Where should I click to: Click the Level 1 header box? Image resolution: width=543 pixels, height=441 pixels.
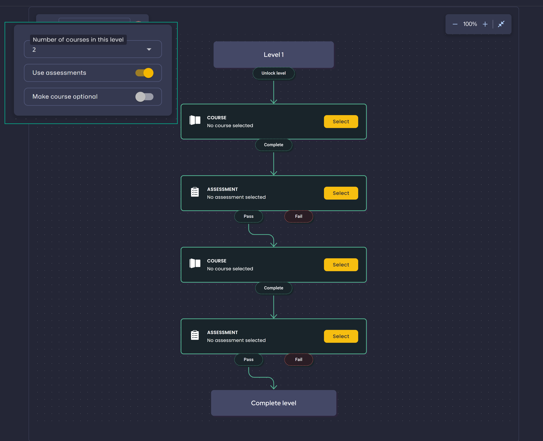(x=274, y=55)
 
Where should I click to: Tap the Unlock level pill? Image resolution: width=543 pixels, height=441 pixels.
(x=274, y=73)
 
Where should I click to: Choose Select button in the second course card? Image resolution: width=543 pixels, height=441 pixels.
(x=341, y=265)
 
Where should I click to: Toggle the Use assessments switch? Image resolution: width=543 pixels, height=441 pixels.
(x=144, y=73)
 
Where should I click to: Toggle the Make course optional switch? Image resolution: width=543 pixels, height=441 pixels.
(x=144, y=97)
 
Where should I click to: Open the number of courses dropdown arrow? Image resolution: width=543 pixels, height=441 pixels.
(x=149, y=50)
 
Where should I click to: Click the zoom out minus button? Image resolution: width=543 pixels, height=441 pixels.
(x=455, y=24)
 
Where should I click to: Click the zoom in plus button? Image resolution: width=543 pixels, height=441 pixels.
(x=485, y=24)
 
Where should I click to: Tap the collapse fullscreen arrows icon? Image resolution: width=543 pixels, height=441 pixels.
(x=501, y=24)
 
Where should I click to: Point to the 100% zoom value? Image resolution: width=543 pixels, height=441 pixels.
(x=470, y=24)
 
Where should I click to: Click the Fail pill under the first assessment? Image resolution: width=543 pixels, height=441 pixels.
(x=299, y=216)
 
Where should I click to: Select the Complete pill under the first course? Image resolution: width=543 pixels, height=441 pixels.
(x=274, y=145)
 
